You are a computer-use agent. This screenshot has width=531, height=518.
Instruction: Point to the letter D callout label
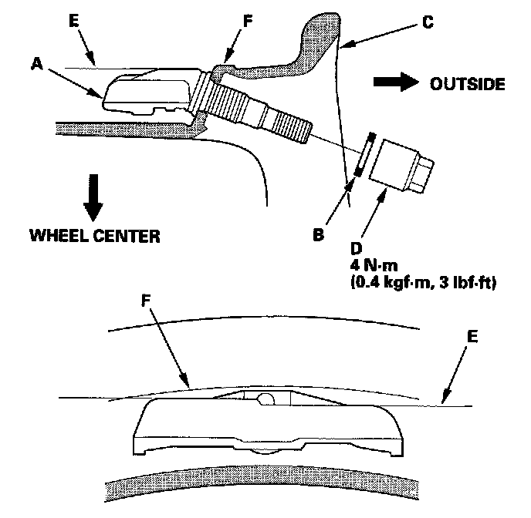click(355, 248)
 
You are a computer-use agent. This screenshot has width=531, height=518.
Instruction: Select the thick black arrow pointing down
click(92, 197)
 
